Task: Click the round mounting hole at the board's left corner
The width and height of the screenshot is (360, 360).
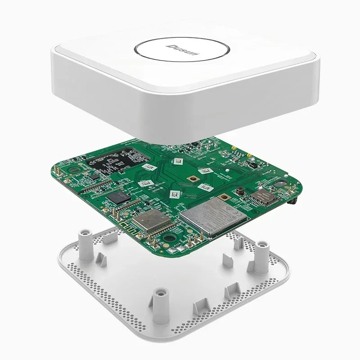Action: click(x=72, y=171)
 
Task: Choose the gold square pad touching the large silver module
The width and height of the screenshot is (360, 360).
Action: click(x=222, y=197)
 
